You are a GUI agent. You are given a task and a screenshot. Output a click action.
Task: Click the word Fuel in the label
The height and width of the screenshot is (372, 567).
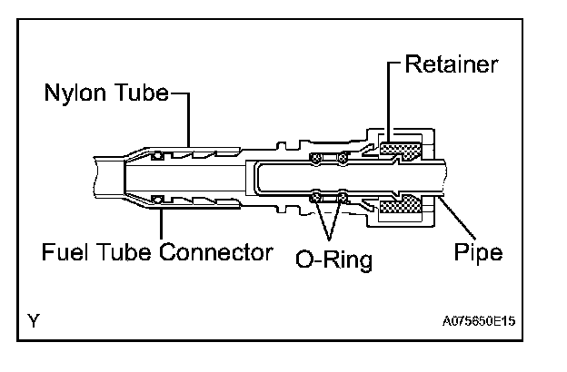pyautogui.click(x=61, y=250)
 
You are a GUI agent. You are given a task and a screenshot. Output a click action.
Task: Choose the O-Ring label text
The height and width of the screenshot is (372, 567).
pyautogui.click(x=333, y=260)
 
